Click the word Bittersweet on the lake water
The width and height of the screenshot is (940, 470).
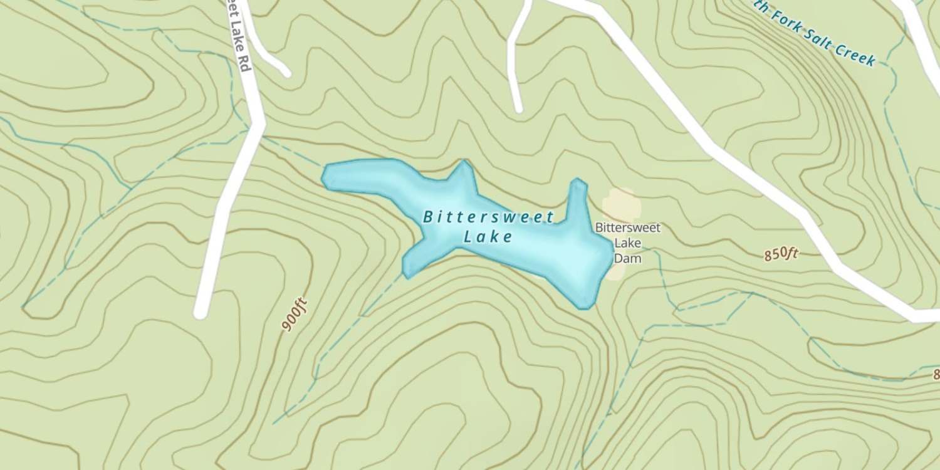[x=489, y=217]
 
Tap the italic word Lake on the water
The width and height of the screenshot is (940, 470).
[x=488, y=237]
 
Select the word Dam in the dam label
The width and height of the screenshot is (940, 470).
[x=627, y=258]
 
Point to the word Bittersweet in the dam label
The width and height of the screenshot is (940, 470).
[x=627, y=227]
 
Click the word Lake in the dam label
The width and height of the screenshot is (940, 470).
[x=627, y=243]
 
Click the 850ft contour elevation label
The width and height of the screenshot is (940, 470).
[x=781, y=254]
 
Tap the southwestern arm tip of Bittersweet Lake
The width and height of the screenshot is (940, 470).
[x=408, y=271]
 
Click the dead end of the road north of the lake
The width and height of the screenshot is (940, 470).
[x=518, y=108]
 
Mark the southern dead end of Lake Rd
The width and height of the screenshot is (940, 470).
[x=201, y=311]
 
